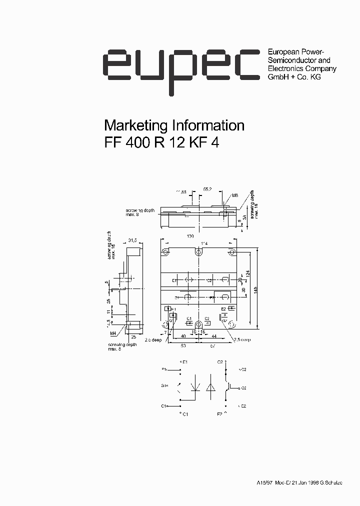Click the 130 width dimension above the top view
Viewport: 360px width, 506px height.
[190, 236]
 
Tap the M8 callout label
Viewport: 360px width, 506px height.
[234, 195]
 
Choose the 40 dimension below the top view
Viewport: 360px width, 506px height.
[184, 335]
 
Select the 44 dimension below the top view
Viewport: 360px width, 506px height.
[214, 335]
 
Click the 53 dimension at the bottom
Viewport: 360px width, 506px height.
[183, 345]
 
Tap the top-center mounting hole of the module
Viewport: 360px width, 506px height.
[198, 251]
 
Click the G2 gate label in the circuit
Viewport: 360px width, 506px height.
[243, 387]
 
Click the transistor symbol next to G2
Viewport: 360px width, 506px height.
[229, 386]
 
